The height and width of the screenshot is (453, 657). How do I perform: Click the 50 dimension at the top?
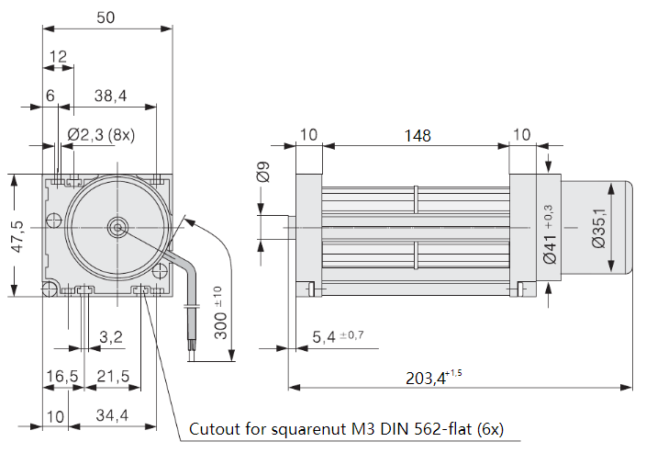(107, 17)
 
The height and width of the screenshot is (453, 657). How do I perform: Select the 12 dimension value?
(58, 57)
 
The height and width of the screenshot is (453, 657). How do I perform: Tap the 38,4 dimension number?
(110, 95)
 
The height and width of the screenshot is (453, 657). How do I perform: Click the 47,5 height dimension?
(16, 235)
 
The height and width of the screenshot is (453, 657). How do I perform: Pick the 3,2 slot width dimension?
(110, 337)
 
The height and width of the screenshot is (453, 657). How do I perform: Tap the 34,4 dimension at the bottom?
(111, 416)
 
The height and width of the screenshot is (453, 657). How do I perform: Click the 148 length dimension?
(417, 135)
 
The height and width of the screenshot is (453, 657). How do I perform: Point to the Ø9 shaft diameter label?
(262, 172)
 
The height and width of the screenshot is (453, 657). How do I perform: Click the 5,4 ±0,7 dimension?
(338, 336)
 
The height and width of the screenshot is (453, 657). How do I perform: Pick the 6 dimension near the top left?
(50, 95)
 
